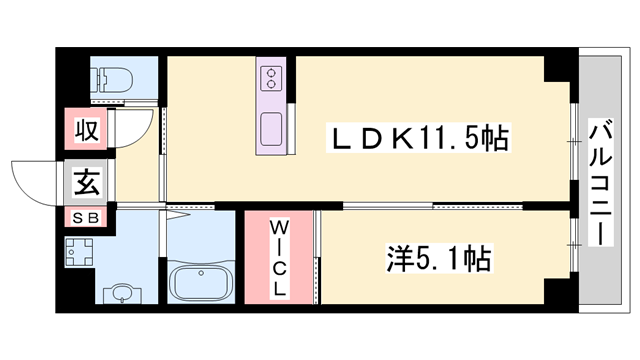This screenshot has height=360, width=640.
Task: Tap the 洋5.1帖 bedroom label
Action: [x=439, y=261]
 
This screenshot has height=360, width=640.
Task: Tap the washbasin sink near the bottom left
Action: [x=121, y=292]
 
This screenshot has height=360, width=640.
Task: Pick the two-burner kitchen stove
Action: [x=272, y=79]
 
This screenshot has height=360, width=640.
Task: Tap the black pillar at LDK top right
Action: [x=559, y=69]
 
